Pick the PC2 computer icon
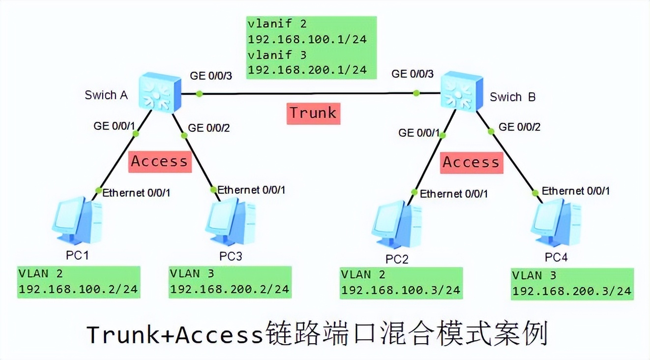(x=396, y=226)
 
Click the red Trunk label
(x=313, y=113)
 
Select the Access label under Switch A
(x=159, y=161)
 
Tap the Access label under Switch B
(x=471, y=162)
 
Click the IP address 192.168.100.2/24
(x=78, y=289)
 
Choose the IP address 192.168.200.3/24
(x=571, y=291)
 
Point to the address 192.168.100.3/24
(x=401, y=290)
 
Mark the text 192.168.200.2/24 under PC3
(x=230, y=289)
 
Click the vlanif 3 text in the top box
(x=277, y=55)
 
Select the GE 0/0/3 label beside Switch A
(x=211, y=76)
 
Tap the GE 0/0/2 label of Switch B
(x=519, y=127)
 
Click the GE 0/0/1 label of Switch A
(x=115, y=125)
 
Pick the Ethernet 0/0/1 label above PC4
(x=575, y=191)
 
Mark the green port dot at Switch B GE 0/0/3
(x=416, y=92)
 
